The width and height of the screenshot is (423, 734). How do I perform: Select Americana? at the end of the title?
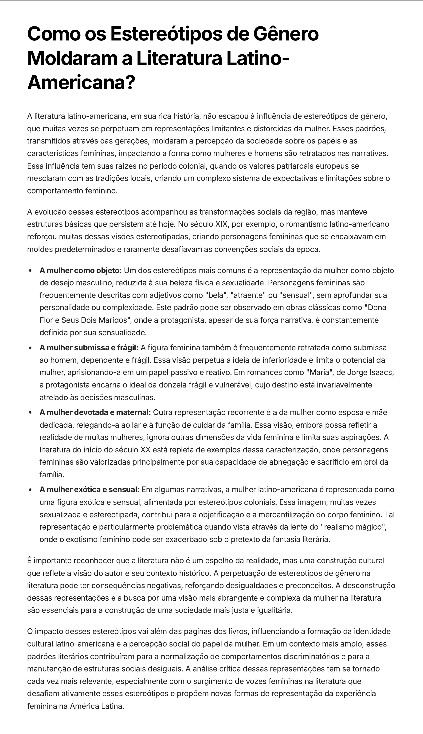pyautogui.click(x=81, y=83)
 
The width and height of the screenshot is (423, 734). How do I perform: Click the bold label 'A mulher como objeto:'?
pyautogui.click(x=80, y=271)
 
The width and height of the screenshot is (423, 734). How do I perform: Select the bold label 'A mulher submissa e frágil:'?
pyautogui.click(x=89, y=347)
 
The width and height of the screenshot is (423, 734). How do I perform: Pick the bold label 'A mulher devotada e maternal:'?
pyautogui.click(x=95, y=412)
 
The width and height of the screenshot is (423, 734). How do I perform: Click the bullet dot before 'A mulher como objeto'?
pyautogui.click(x=30, y=271)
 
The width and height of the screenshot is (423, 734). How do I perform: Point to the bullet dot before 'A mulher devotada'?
pyautogui.click(x=30, y=413)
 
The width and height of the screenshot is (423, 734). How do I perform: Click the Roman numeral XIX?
pyautogui.click(x=221, y=224)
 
